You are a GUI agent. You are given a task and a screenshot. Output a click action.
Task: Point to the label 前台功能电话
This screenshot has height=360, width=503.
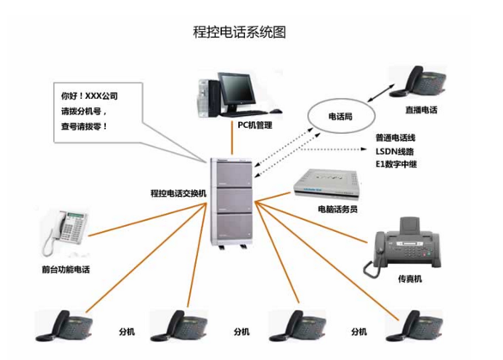coord(66,270)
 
